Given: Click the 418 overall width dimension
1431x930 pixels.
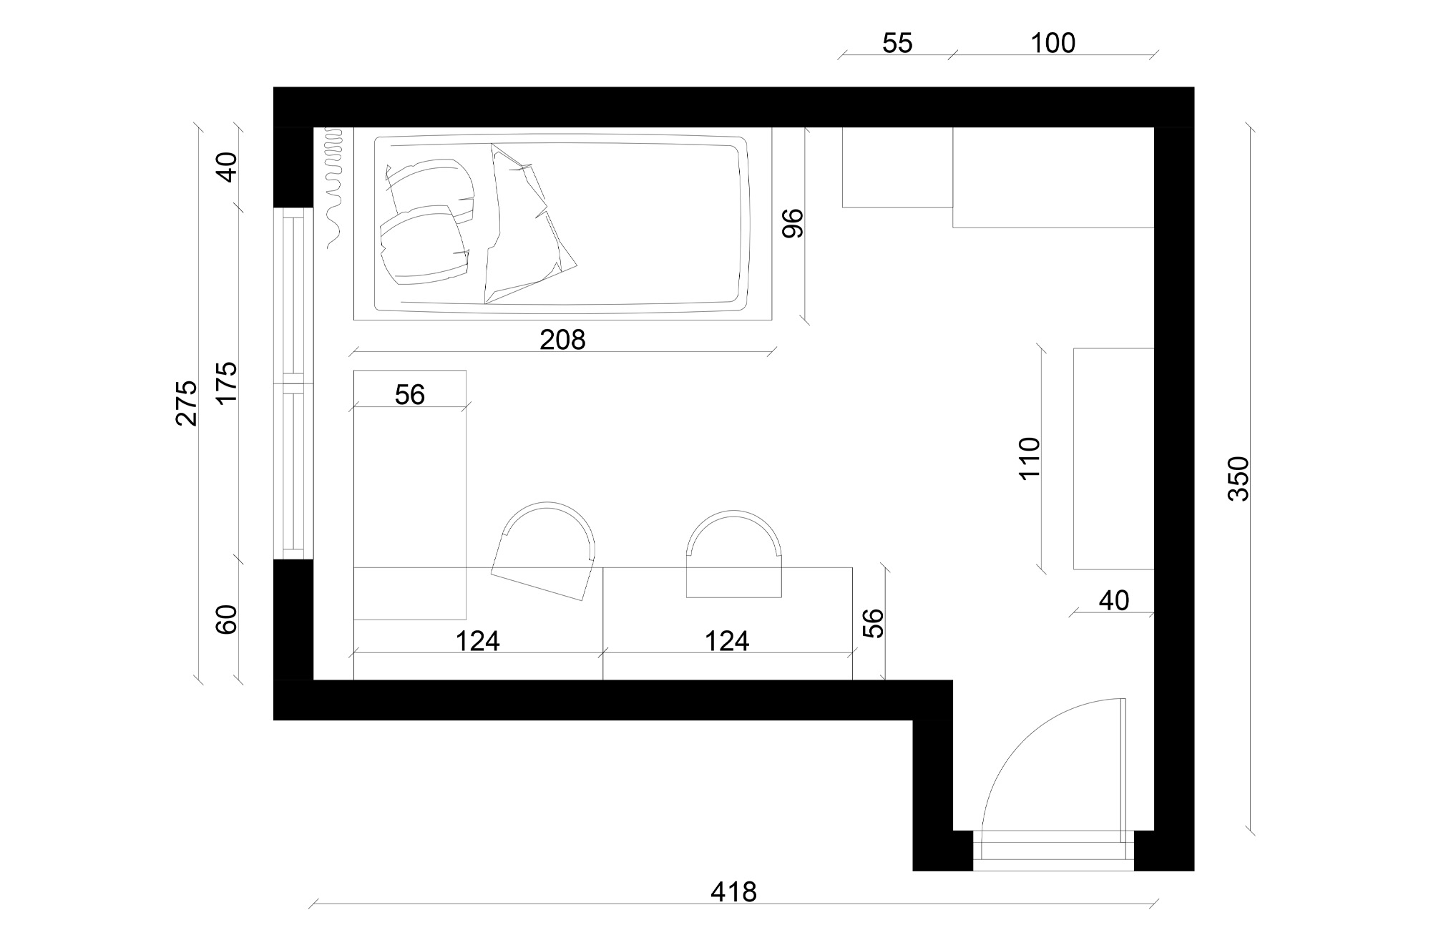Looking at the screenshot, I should coord(733,892).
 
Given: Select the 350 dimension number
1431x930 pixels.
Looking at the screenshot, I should coord(1238,478).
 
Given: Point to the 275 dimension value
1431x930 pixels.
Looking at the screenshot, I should coord(186,403).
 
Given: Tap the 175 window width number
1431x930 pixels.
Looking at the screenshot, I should coord(227,383).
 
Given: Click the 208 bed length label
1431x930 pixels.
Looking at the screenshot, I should coord(562,340).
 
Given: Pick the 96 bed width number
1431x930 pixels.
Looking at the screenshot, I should coord(793,222).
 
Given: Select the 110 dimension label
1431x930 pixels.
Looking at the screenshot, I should coord(1028,458).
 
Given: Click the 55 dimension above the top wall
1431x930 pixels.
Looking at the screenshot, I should coord(897,44).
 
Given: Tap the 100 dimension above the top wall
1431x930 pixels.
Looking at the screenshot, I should coord(1053,44).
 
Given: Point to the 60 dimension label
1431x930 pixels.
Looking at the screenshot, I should coord(227,620).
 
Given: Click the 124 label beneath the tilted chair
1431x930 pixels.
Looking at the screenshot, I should coord(477,641).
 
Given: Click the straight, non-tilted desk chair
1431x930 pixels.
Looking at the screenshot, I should coord(733,554).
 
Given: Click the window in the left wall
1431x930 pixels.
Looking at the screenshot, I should coord(294,383).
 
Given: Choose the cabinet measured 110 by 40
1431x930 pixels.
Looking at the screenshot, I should coord(1113,459).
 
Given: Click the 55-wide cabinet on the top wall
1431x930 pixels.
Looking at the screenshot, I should coord(897,167).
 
